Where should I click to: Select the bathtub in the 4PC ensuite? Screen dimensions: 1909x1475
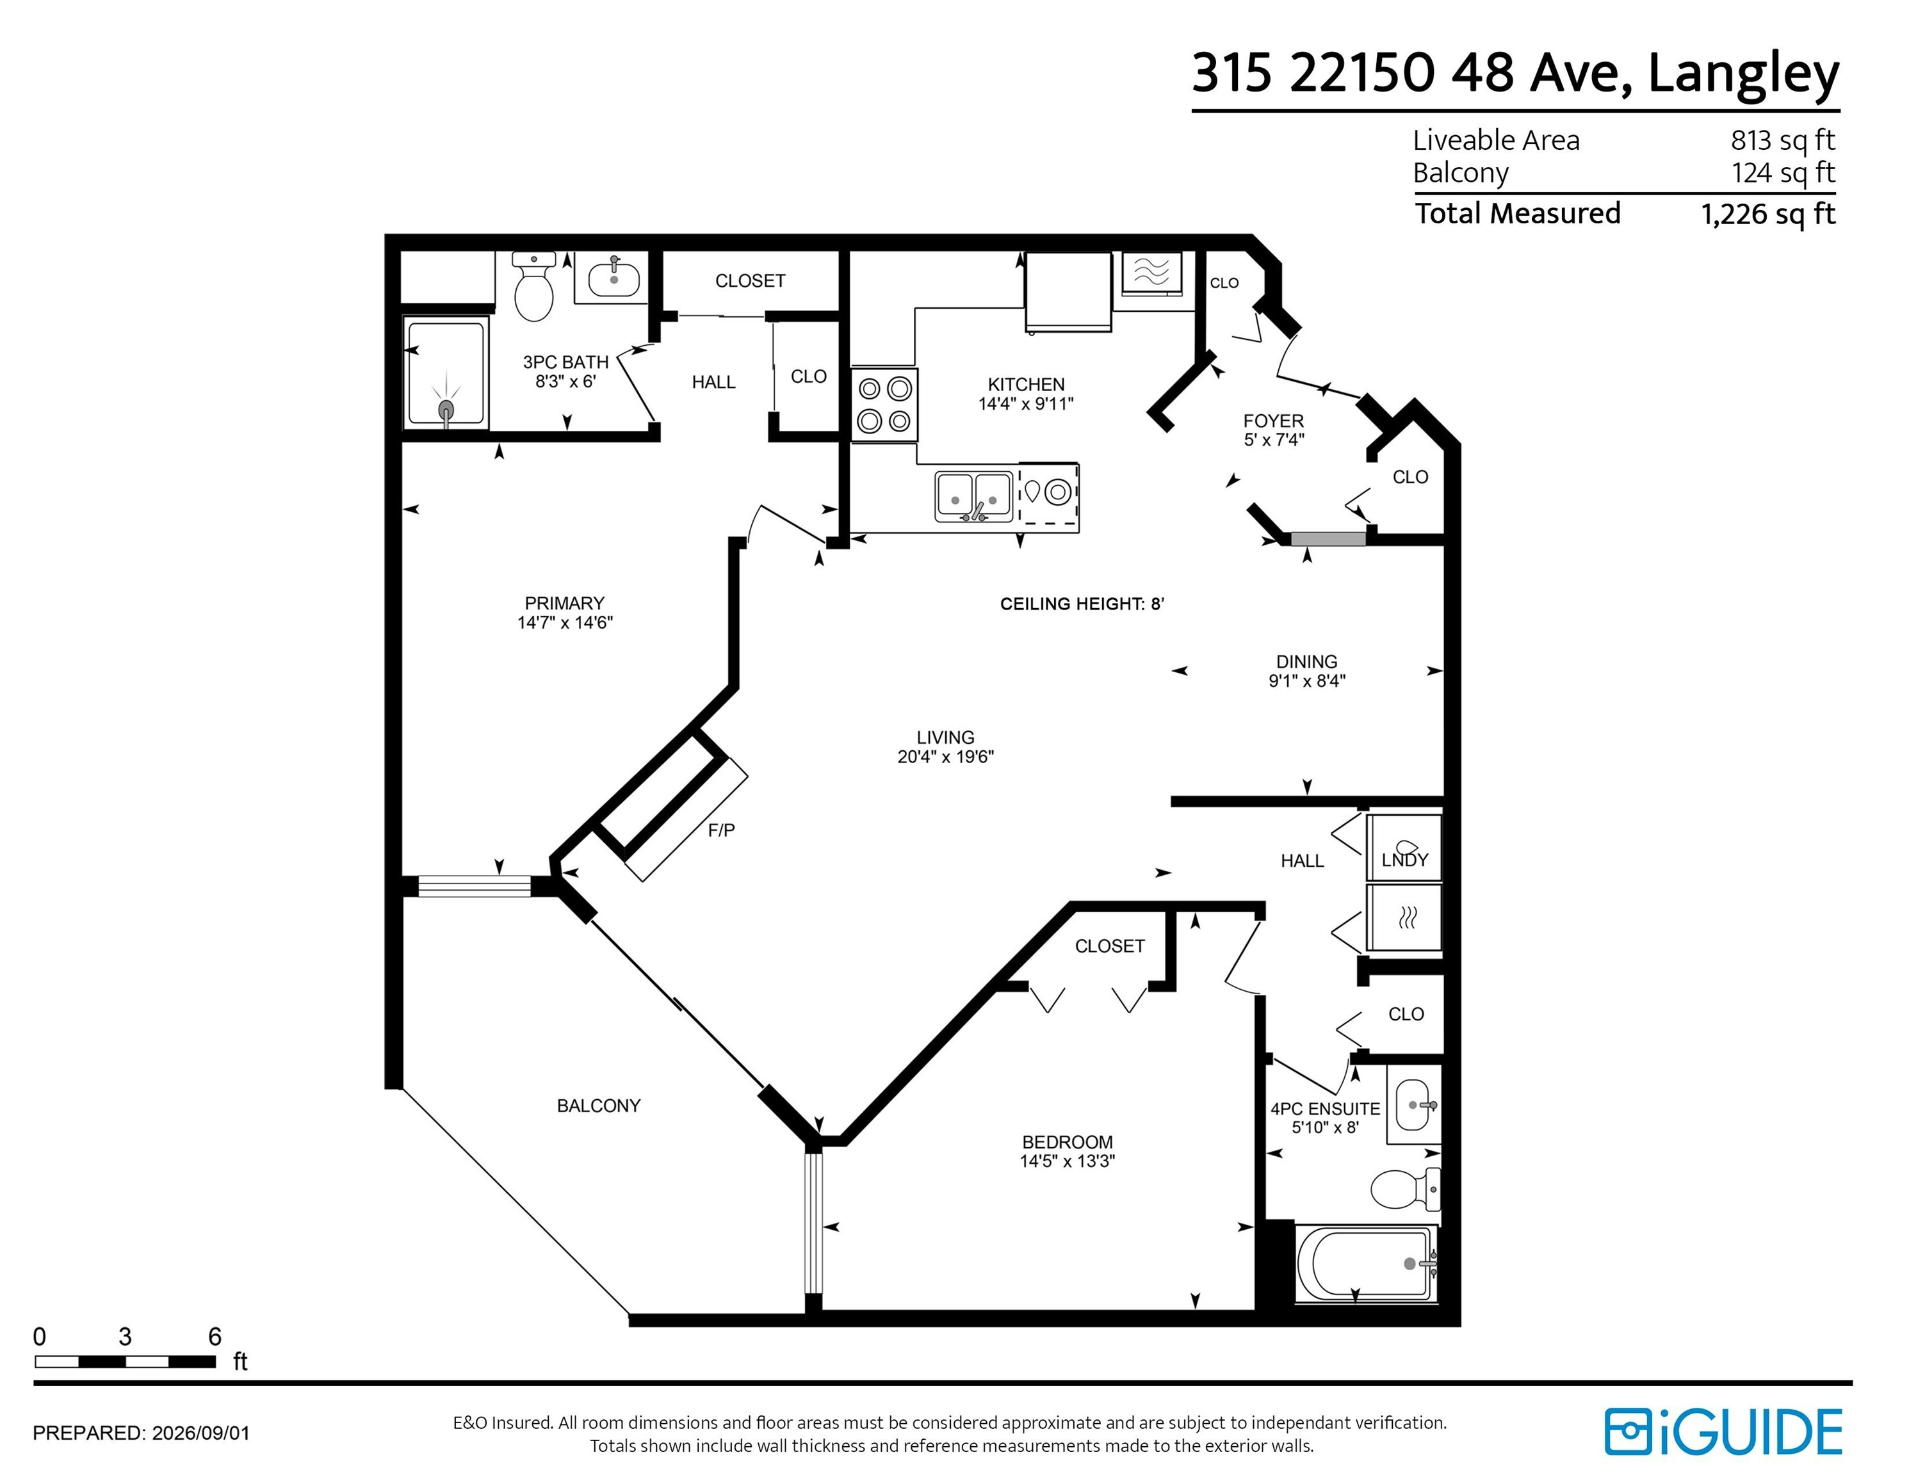(x=1366, y=1264)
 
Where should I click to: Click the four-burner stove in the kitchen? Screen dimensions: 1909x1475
(x=884, y=404)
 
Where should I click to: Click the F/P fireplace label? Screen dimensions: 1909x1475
(x=721, y=830)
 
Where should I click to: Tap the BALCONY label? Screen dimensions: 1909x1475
(x=599, y=1106)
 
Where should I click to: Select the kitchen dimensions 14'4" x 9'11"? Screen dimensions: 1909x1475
(x=1026, y=404)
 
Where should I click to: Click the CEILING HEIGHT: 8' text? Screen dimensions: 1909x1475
(x=1082, y=604)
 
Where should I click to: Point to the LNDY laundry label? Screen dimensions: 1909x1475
(x=1404, y=860)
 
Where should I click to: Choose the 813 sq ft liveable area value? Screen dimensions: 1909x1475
(x=1782, y=140)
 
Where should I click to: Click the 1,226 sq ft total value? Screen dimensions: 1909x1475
(x=1767, y=213)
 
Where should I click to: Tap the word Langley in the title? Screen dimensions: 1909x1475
(x=1744, y=75)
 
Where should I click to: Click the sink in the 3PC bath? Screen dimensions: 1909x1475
(x=613, y=278)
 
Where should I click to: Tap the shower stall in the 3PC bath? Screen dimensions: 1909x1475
(x=446, y=373)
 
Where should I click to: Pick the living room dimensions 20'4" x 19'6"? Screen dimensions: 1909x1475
(x=946, y=757)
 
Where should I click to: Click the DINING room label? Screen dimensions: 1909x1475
(x=1307, y=661)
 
